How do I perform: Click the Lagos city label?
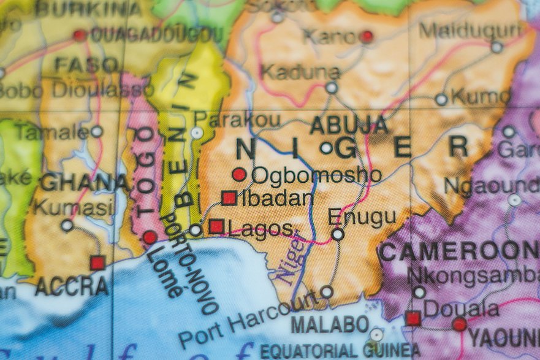click(x=261, y=229)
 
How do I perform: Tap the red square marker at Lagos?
click(x=216, y=226)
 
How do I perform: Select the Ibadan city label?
click(x=277, y=198)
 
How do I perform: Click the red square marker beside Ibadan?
click(x=229, y=197)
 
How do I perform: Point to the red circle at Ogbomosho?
click(x=239, y=175)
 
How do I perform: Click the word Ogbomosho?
click(x=316, y=175)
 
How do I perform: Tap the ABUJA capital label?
click(x=349, y=125)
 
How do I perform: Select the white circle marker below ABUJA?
click(x=326, y=148)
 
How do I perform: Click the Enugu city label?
click(x=362, y=216)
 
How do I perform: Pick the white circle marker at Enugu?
click(x=338, y=234)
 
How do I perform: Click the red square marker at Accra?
click(x=97, y=263)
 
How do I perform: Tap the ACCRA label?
click(x=72, y=286)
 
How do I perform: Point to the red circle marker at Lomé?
click(x=150, y=237)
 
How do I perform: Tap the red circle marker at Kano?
click(x=367, y=37)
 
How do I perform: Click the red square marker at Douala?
click(x=413, y=318)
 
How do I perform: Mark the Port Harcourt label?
click(x=248, y=320)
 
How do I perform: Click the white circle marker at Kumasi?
click(x=67, y=226)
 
